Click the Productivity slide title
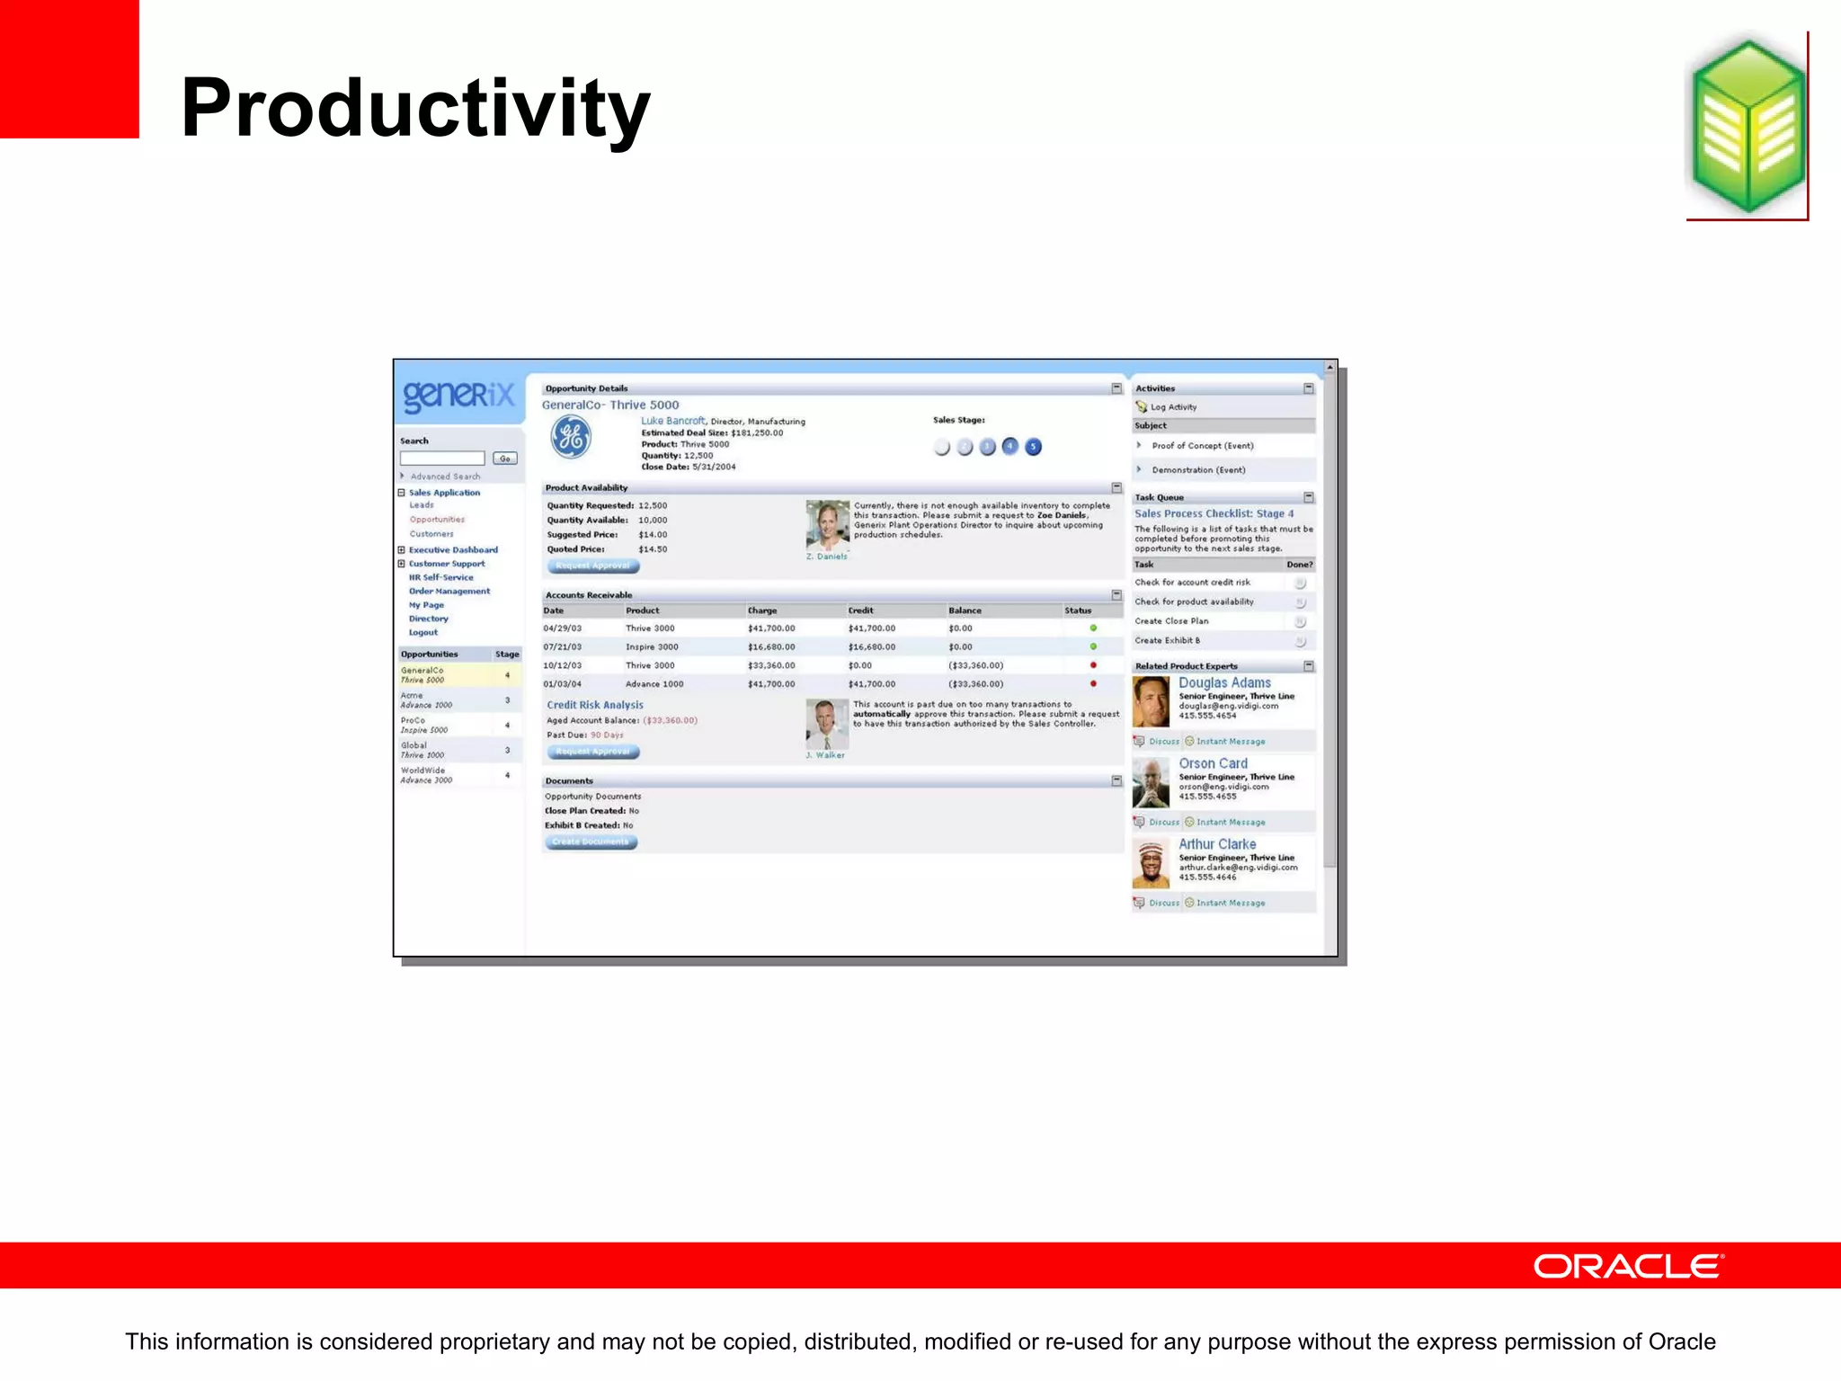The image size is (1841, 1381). coord(414,109)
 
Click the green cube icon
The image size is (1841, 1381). coord(1748,126)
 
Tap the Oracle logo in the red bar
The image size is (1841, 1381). coord(1627,1266)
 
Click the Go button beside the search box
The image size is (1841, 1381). coord(504,459)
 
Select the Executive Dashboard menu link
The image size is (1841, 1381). coord(453,550)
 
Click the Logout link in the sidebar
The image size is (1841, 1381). coord(423,633)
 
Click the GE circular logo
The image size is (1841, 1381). coord(571,438)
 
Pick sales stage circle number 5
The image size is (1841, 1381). coord(1034,447)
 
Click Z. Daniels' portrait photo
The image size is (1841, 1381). coord(827,525)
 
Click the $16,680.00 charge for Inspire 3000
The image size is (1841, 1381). coord(771,647)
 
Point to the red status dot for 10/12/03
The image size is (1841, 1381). coord(1093,665)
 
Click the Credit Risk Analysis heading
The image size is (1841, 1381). coord(595,705)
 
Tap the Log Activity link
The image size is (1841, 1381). coord(1173,407)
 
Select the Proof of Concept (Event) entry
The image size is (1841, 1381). coord(1202,446)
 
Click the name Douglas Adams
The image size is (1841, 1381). coord(1224,683)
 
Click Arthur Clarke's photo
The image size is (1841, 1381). coord(1151,864)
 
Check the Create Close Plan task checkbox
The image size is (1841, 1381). coord(1300,621)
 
